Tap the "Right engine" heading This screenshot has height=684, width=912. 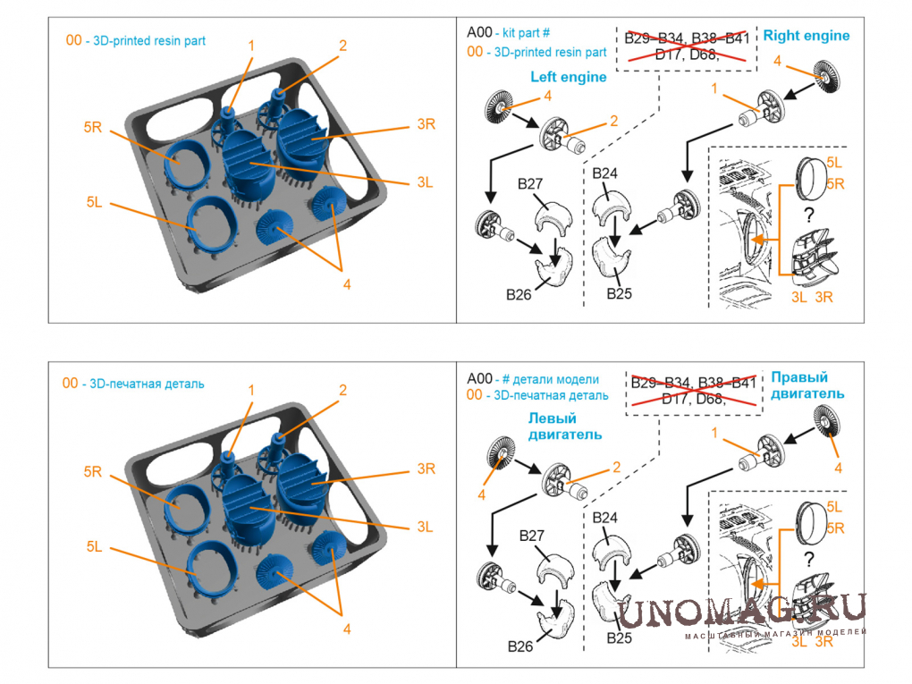[x=806, y=36]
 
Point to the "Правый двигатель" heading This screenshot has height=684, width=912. [x=806, y=385]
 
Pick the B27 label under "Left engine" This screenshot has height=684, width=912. [x=530, y=185]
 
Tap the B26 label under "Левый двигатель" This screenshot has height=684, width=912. [x=520, y=646]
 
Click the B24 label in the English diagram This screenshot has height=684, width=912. [x=605, y=173]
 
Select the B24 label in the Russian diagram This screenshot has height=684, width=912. [x=605, y=518]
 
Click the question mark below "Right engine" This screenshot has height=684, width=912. [x=808, y=215]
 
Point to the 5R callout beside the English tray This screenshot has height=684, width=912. [x=94, y=128]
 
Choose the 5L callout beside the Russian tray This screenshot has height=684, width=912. [x=97, y=545]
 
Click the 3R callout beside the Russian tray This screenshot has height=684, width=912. [x=426, y=469]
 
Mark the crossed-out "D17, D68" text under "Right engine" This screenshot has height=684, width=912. [x=689, y=55]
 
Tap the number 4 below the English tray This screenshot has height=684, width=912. [x=346, y=284]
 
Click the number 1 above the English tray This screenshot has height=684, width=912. [x=251, y=45]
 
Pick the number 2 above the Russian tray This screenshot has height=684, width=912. [x=342, y=390]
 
